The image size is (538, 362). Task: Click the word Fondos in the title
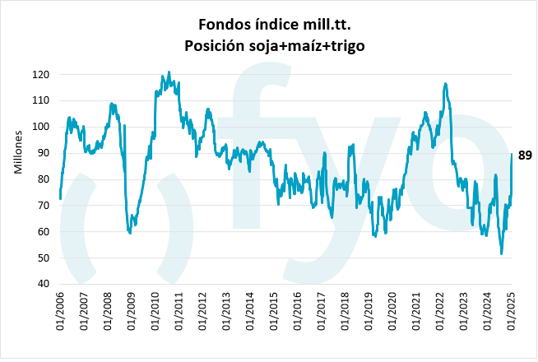click(x=220, y=22)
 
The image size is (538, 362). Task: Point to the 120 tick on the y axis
click(x=41, y=75)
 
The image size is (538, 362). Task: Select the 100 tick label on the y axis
click(x=41, y=127)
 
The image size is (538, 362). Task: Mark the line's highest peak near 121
click(x=169, y=72)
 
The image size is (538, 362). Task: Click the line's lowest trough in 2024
click(x=502, y=253)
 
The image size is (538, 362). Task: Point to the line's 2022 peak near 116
click(x=445, y=83)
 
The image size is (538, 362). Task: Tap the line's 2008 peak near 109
click(x=112, y=104)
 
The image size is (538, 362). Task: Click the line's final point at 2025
click(x=512, y=155)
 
